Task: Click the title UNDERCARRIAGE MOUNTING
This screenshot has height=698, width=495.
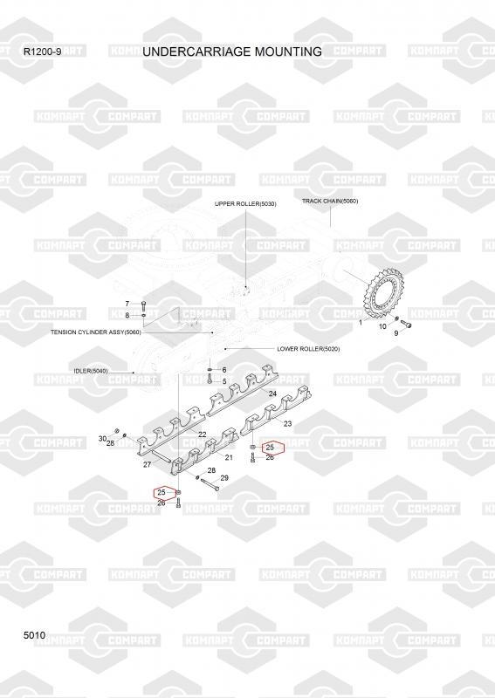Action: tap(232, 51)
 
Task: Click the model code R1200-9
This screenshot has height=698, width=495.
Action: tap(42, 51)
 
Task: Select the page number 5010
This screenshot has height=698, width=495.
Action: tap(34, 635)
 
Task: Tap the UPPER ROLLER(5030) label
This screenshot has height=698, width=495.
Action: tap(245, 204)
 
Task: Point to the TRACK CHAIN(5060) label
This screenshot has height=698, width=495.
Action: tap(330, 202)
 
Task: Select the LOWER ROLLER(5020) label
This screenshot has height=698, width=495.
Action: tap(308, 348)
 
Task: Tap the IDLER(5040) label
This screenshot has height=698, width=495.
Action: tap(91, 371)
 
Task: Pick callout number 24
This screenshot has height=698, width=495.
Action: tap(272, 393)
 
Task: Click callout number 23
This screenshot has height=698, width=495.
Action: tap(288, 424)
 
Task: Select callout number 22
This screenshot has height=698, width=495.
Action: tap(203, 435)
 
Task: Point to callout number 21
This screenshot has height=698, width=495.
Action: tap(229, 457)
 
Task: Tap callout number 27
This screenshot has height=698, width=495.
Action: tap(147, 464)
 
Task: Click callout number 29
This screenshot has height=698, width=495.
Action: tap(224, 477)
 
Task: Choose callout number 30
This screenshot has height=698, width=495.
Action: tap(102, 439)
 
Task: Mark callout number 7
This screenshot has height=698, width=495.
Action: tap(127, 304)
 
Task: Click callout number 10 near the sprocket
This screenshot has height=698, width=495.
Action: tap(382, 326)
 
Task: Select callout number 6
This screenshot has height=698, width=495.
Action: tap(224, 370)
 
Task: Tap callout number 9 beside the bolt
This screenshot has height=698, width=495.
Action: tap(396, 332)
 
